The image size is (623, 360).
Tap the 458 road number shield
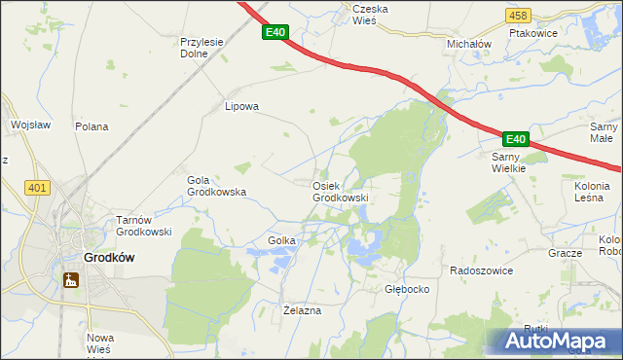(x=519, y=16)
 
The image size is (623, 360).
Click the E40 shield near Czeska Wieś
(x=275, y=33)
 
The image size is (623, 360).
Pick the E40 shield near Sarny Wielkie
(x=515, y=140)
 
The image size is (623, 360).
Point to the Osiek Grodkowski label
(x=340, y=192)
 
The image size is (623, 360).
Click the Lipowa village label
(x=241, y=107)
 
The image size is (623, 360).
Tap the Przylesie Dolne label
(x=202, y=48)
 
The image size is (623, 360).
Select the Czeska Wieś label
(x=370, y=14)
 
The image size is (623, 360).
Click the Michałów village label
(x=469, y=45)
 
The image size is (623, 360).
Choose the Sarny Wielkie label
(x=508, y=162)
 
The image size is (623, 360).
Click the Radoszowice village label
(x=481, y=270)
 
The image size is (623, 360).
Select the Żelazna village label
(x=301, y=310)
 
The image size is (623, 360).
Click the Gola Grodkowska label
(x=216, y=186)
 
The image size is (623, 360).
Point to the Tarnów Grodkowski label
(x=144, y=226)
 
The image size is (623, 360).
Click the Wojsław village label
(x=29, y=126)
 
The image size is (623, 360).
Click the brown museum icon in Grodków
(x=71, y=281)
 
